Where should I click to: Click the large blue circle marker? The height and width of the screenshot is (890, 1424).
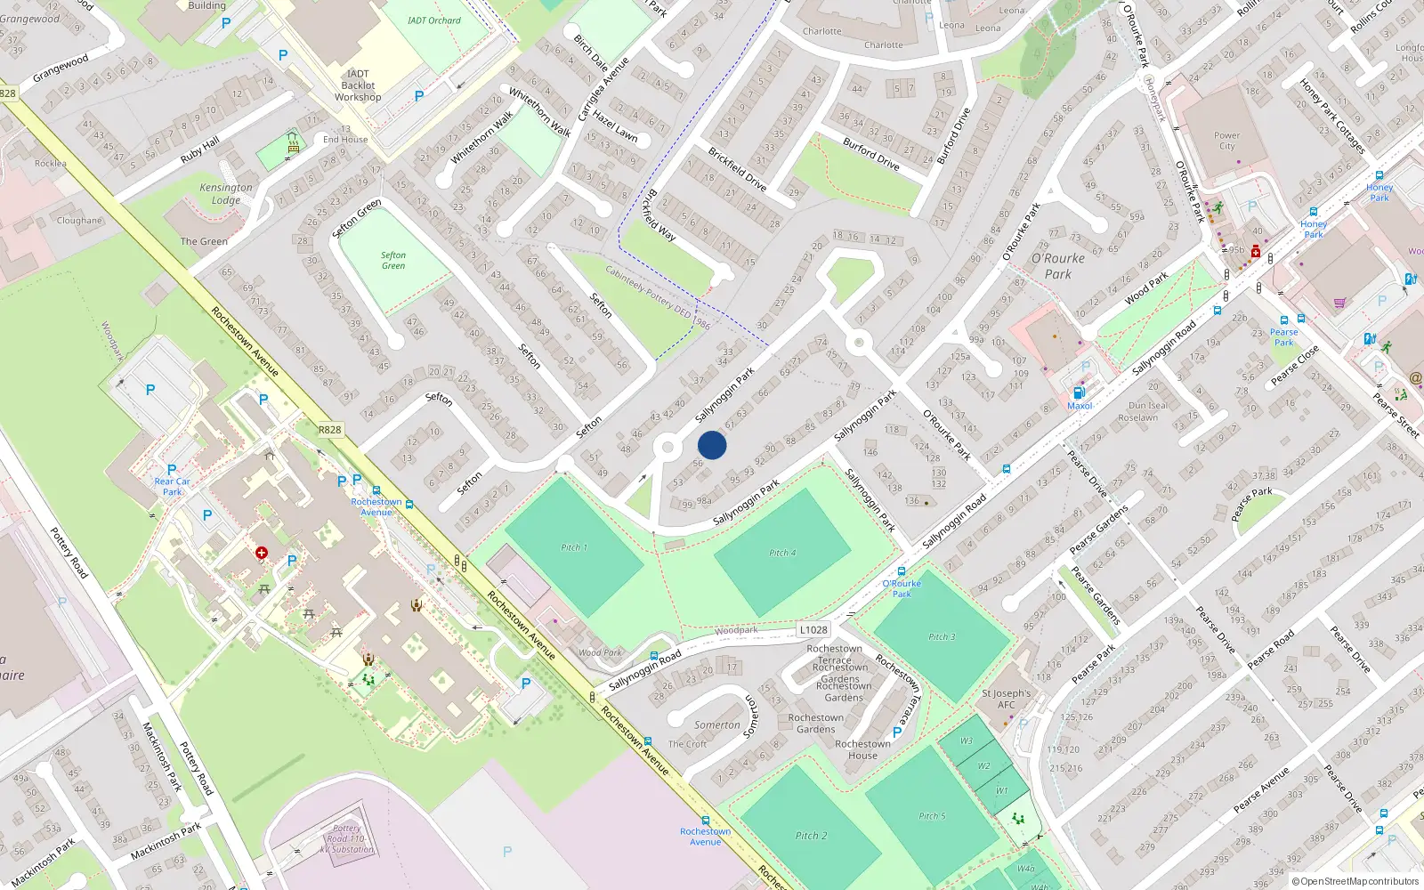(712, 445)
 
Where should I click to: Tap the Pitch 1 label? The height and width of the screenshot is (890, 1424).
(574, 547)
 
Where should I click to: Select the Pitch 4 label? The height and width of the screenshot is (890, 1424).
(782, 553)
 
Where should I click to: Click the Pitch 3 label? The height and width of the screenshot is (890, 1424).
(942, 636)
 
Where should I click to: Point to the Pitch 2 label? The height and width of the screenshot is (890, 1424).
(811, 836)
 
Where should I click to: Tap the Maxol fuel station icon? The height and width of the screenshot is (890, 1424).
(1079, 392)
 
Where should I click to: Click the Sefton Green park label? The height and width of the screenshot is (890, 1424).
(393, 260)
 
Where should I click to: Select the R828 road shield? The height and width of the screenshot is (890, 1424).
(329, 429)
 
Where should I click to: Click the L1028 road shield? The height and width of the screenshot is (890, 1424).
(813, 629)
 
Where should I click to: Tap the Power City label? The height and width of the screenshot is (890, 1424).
(1226, 141)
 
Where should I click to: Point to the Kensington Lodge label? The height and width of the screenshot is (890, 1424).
(226, 193)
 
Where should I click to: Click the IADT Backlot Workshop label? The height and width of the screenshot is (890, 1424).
(358, 85)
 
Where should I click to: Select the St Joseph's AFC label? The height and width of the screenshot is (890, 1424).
(1006, 699)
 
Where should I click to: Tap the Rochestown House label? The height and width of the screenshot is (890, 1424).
(862, 749)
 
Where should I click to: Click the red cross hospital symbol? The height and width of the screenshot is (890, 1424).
(262, 553)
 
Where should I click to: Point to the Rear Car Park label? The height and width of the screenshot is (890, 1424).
(172, 486)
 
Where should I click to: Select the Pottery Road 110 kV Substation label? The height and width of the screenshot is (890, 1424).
(347, 838)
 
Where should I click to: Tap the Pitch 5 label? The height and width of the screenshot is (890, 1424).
(932, 816)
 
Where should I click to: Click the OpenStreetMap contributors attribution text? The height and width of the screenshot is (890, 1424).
(1358, 881)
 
